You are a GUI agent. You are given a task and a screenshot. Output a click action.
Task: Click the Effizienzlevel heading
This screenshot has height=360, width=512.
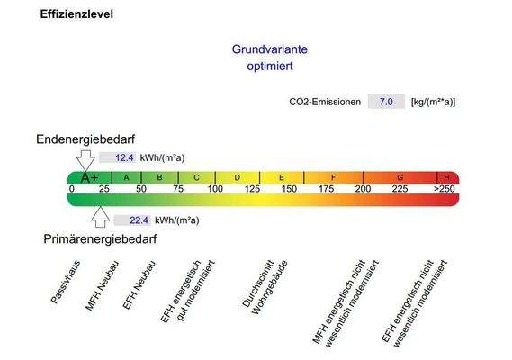tap(76, 15)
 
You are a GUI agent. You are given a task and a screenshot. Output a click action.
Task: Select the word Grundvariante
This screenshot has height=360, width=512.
tap(264, 50)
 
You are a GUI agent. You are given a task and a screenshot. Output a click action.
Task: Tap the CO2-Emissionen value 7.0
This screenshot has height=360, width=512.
tap(385, 103)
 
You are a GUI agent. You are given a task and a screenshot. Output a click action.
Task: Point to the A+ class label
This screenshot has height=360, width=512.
tap(89, 177)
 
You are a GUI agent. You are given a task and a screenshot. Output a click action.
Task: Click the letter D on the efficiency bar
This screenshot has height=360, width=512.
tap(238, 177)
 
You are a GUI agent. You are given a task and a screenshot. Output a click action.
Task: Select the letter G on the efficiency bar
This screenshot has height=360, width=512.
tap(400, 177)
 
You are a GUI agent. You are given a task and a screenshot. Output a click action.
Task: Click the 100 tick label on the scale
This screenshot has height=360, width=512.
tap(215, 189)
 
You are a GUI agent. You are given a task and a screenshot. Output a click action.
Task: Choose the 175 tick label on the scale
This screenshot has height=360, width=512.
tap(326, 189)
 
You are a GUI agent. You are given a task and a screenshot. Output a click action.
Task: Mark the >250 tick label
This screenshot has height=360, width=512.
tap(444, 189)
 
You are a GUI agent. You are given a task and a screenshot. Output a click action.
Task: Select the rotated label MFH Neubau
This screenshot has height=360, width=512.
tap(99, 287)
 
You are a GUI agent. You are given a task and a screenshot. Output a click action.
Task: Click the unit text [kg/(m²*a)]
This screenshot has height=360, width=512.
tap(433, 103)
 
